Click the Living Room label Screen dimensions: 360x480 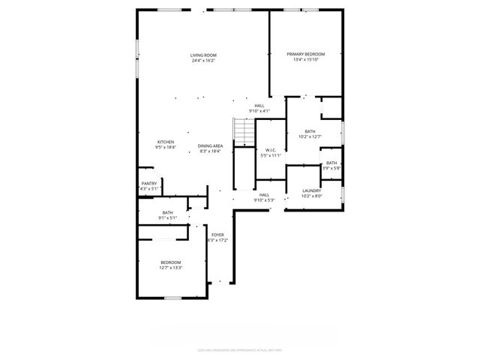203,55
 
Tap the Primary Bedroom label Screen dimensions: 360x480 306,55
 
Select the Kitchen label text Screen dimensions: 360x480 165,142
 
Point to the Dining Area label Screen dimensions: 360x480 210,145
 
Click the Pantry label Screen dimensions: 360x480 148,184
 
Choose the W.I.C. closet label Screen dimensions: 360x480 270,150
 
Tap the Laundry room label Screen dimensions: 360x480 312,190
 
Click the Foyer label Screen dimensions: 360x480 217,235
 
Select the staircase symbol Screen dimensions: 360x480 244,133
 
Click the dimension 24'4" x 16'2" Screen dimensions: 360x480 203,61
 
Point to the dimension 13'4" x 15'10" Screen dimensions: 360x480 306,61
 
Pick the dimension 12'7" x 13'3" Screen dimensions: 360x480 171,268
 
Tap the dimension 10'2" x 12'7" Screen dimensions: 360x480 310,137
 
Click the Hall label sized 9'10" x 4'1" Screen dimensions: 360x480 259,106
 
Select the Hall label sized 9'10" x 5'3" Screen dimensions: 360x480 264,195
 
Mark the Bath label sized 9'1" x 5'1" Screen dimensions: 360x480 168,213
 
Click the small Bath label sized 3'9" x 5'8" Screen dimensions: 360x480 331,163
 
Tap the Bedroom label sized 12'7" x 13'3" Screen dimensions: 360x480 171,262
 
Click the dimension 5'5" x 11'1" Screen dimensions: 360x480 270,156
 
